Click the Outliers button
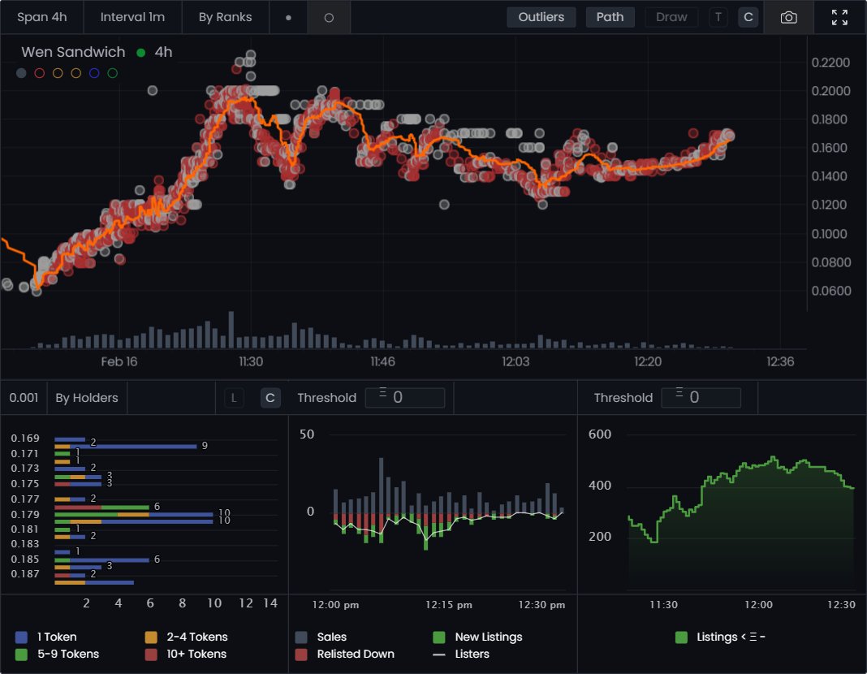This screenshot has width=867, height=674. click(541, 17)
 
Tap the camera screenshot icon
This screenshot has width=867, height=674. click(788, 17)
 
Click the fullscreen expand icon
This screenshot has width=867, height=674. click(840, 17)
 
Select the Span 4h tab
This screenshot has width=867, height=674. click(41, 17)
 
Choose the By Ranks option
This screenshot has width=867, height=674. click(225, 17)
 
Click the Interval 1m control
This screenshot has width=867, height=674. click(132, 17)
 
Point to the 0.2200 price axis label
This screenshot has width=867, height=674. click(831, 63)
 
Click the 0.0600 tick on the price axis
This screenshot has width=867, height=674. click(831, 291)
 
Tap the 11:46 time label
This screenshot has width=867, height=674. click(382, 361)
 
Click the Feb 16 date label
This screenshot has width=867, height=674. click(119, 361)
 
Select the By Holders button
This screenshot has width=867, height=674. click(87, 398)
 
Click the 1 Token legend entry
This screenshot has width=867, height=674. click(56, 637)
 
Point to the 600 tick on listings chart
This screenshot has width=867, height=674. click(600, 434)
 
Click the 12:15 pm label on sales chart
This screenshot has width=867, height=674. click(449, 604)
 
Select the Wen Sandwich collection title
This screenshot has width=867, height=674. click(73, 52)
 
